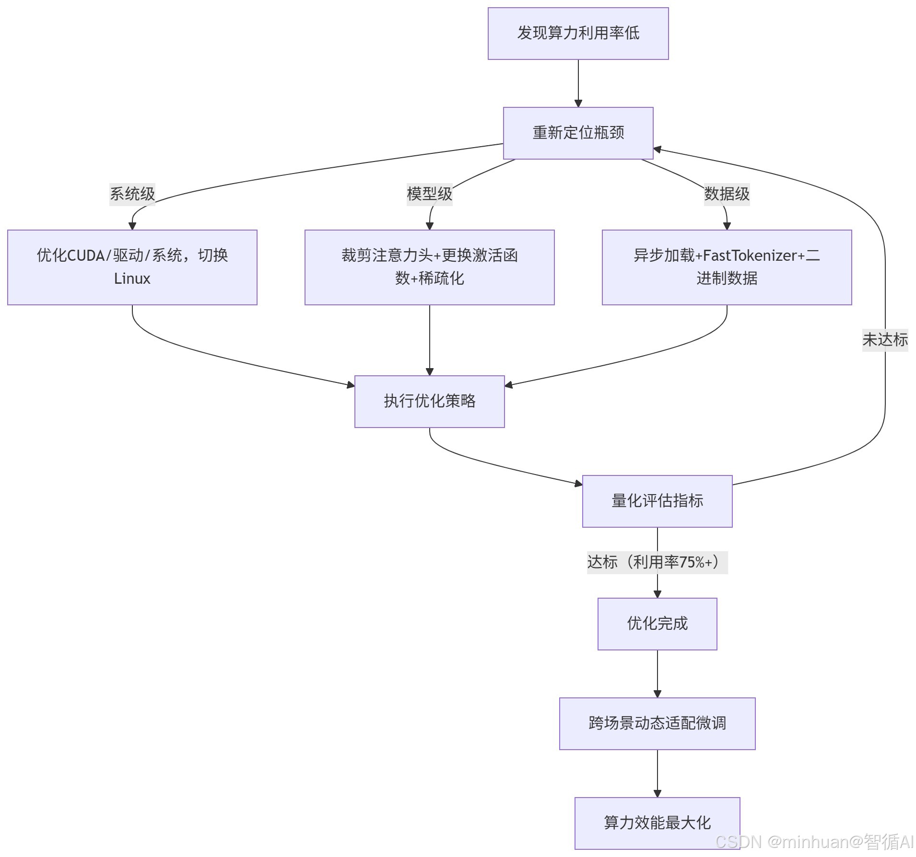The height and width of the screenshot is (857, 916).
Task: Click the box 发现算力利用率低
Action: (x=578, y=34)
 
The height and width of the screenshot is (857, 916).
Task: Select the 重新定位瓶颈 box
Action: (x=578, y=133)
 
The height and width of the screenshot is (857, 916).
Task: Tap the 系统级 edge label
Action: (x=132, y=194)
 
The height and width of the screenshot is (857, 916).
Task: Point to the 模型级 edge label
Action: (x=429, y=194)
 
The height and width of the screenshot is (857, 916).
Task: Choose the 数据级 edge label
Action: (x=727, y=194)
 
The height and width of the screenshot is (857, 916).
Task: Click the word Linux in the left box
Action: (x=132, y=278)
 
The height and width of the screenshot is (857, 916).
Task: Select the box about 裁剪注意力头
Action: (x=429, y=267)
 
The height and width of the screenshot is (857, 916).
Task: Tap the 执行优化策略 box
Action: (x=429, y=401)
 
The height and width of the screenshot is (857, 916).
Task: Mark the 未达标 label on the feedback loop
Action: (x=885, y=340)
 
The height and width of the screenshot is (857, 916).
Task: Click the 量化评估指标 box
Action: (x=657, y=501)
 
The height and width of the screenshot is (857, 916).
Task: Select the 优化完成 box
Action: (x=657, y=624)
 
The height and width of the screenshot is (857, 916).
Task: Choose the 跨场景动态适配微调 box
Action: (x=657, y=723)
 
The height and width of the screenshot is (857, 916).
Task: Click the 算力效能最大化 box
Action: (x=657, y=823)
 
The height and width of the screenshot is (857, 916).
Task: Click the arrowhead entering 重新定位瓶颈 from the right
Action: (x=658, y=150)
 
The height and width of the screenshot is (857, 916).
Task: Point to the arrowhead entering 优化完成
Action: (x=657, y=594)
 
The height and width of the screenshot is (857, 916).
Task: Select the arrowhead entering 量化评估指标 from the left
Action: (x=579, y=484)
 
